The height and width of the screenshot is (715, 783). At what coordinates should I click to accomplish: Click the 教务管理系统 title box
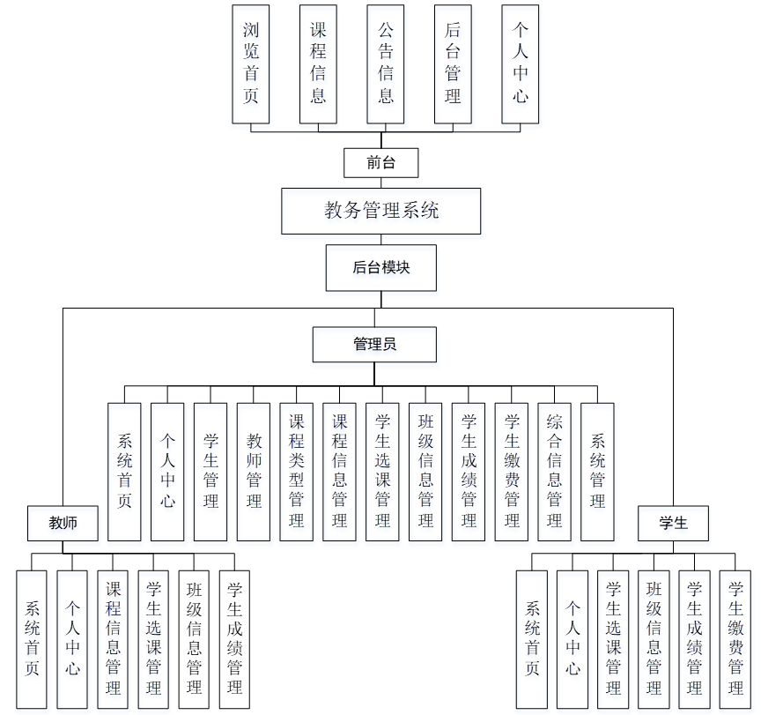[x=381, y=211]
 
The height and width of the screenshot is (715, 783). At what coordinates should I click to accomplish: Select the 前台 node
[x=380, y=163]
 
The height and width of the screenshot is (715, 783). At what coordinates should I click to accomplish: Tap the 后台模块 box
[x=380, y=268]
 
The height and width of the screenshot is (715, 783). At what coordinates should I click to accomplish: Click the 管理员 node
[x=374, y=344]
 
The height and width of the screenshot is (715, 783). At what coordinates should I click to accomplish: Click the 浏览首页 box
[x=251, y=64]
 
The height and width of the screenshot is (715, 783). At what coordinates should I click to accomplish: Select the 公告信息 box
[x=386, y=64]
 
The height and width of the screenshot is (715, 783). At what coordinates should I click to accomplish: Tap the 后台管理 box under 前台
[x=453, y=64]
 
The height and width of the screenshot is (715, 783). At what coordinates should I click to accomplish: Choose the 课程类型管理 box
[x=297, y=472]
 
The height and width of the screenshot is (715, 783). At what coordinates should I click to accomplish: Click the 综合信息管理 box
[x=554, y=472]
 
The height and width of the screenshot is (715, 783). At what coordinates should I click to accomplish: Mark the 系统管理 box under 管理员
[x=597, y=472]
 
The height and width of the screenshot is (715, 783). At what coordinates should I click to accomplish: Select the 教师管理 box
[x=254, y=472]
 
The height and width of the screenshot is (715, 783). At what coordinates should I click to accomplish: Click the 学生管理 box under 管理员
[x=211, y=472]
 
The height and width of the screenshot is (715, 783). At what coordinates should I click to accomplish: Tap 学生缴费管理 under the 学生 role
[x=735, y=639]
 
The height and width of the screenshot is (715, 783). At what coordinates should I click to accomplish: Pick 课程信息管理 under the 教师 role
[x=114, y=639]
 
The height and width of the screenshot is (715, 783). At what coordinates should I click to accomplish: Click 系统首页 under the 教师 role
[x=32, y=639]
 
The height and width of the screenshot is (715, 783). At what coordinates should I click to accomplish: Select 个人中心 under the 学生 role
[x=573, y=639]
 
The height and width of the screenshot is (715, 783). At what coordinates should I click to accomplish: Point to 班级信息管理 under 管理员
[x=425, y=472]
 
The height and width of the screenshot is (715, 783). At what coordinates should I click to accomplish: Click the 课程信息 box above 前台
[x=318, y=64]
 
